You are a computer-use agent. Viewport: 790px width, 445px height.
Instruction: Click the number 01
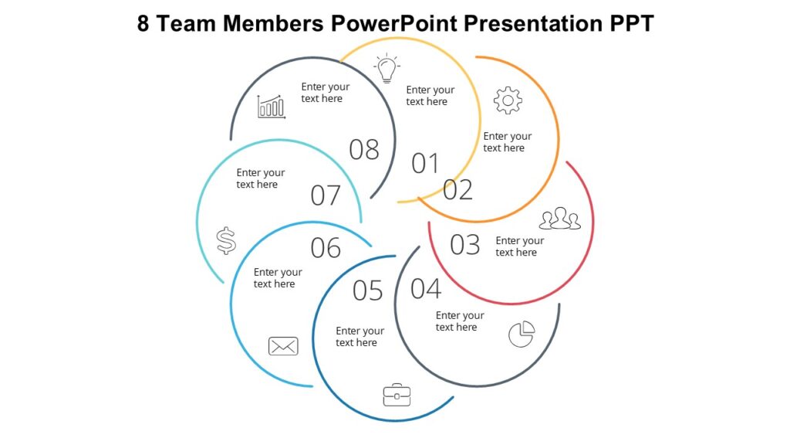(x=425, y=164)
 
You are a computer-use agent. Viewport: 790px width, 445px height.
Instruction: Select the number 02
(x=457, y=189)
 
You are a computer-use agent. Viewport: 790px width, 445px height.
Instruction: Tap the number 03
(x=465, y=245)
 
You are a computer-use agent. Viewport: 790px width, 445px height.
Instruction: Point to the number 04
(x=426, y=289)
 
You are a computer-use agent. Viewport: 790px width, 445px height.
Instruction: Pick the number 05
(x=368, y=291)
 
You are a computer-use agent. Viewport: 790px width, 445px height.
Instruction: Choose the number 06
(x=326, y=248)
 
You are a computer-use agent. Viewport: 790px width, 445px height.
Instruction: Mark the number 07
(x=326, y=195)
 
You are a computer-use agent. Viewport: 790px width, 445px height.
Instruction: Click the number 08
(x=364, y=149)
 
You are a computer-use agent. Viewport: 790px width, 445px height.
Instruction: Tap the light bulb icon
(x=387, y=69)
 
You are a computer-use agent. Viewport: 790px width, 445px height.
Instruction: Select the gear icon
(x=508, y=100)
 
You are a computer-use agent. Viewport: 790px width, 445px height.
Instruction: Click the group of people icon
(x=559, y=219)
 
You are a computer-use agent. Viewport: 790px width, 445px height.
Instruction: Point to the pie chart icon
(x=522, y=335)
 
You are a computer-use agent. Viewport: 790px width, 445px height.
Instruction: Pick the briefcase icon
(x=397, y=395)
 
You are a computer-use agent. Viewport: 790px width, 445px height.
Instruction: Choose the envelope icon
(x=283, y=346)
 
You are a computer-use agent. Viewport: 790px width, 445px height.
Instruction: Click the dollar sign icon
(x=226, y=241)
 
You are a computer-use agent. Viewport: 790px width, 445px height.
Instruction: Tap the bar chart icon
(x=272, y=107)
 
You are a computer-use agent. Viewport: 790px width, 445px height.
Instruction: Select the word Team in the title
(x=187, y=23)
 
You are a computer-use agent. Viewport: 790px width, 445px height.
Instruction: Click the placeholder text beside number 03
(x=519, y=246)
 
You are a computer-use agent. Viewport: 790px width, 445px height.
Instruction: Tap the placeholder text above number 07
(x=260, y=178)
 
